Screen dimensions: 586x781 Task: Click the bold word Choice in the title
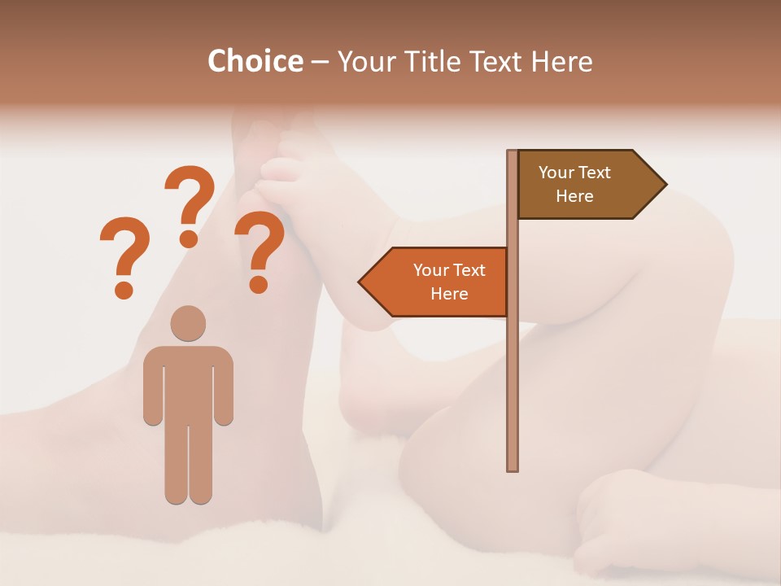coord(255,61)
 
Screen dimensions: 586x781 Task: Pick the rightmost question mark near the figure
coord(259,251)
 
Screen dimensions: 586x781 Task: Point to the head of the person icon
coord(188,323)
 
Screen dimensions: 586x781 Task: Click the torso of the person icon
coord(188,383)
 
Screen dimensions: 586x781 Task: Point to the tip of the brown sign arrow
coord(665,185)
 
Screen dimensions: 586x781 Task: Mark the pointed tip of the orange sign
coord(360,282)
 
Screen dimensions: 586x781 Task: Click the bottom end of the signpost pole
coord(513,467)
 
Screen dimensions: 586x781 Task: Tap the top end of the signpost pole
coord(513,154)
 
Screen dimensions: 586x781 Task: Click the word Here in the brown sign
coord(574,196)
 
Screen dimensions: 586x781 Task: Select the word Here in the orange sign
coord(449,294)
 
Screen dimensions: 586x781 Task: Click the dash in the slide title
coord(320,61)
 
